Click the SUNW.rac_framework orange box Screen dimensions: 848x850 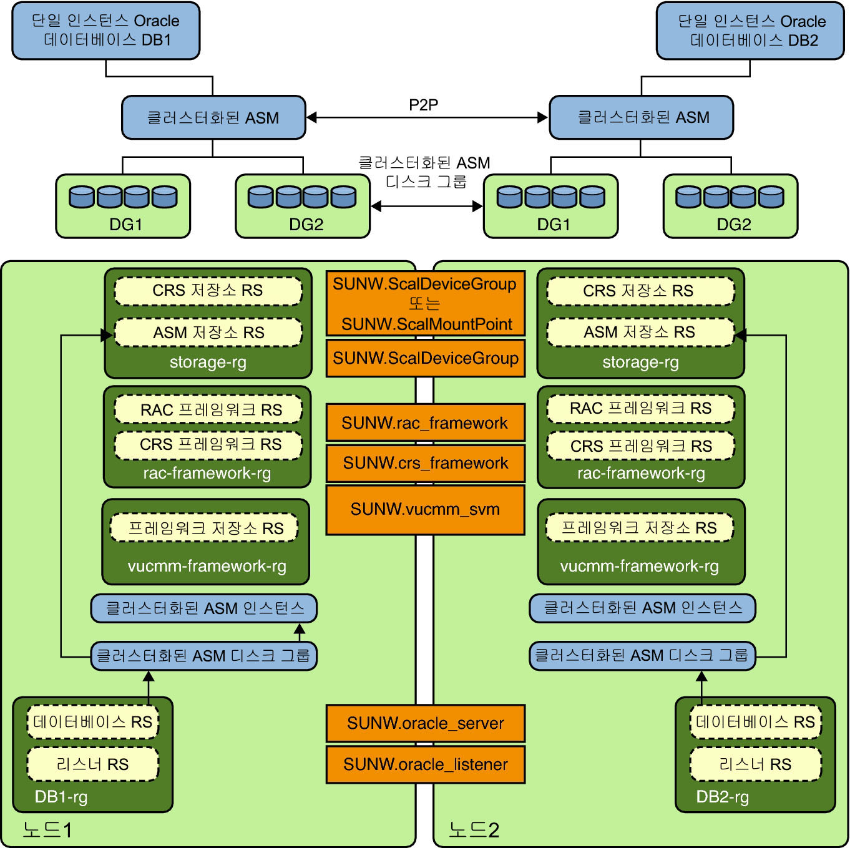[425, 423]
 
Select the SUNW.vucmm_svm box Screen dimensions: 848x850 [425, 510]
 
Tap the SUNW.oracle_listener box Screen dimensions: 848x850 [425, 764]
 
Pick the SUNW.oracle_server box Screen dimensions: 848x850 [425, 723]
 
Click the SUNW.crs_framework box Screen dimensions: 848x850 [425, 463]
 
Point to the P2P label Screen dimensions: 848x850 [423, 105]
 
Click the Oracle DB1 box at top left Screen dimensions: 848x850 [105, 31]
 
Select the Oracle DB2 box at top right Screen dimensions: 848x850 [751, 31]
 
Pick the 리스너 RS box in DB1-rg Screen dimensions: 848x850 [92, 764]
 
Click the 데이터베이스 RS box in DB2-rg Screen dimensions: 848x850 [755, 723]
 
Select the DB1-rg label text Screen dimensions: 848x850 [61, 797]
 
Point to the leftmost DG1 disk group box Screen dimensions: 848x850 [123, 207]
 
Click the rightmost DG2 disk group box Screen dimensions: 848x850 [730, 207]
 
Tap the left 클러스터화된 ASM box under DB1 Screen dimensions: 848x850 [213, 117]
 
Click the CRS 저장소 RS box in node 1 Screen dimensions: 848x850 [208, 291]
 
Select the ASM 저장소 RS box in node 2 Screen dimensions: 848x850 [640, 333]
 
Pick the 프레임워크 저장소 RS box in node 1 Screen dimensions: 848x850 [205, 529]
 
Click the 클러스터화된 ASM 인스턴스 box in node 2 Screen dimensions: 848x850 [642, 608]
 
